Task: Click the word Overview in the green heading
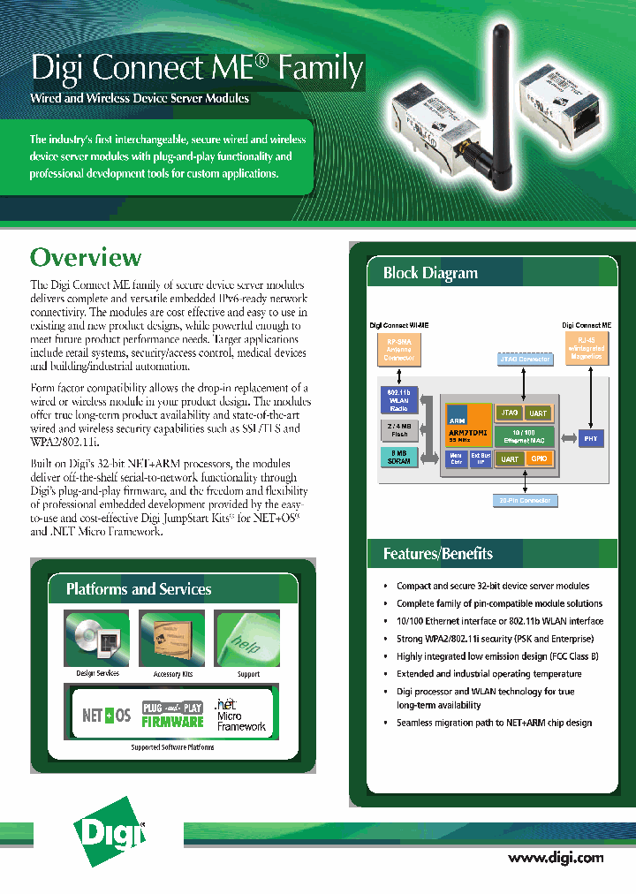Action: [86, 257]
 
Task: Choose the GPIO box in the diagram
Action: [538, 458]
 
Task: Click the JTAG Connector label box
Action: [525, 359]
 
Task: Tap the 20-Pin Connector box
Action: [525, 501]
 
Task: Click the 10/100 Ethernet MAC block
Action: [526, 436]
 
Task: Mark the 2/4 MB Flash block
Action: [398, 429]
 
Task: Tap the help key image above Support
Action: [247, 638]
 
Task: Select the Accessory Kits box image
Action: [172, 638]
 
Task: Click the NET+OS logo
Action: [107, 715]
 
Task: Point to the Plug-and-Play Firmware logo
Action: [173, 714]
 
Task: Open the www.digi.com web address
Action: [556, 857]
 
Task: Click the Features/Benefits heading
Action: [437, 554]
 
